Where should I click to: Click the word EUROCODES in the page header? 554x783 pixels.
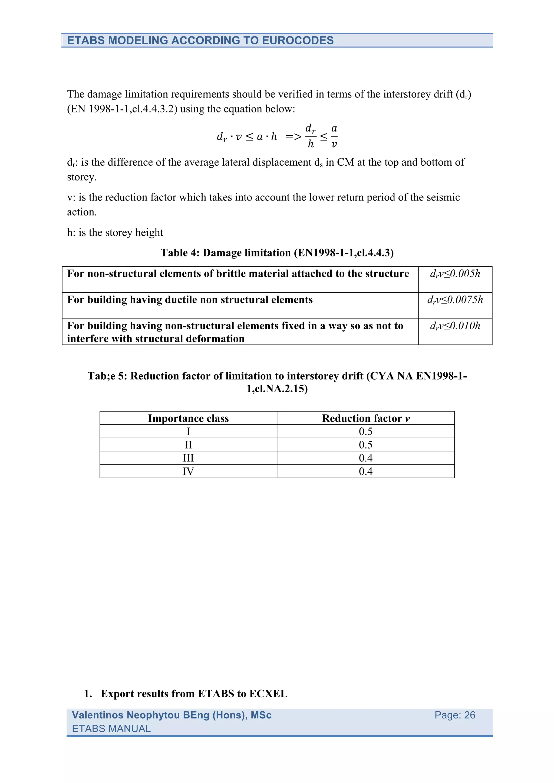tap(298, 40)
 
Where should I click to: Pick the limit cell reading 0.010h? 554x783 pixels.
tap(455, 326)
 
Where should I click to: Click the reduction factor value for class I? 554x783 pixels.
tap(365, 431)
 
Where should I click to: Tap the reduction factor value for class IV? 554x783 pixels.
tap(365, 471)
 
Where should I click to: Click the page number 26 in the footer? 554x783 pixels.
tap(469, 715)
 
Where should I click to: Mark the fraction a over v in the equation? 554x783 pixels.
tap(334, 136)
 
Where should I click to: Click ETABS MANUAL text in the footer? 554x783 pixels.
tap(111, 728)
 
